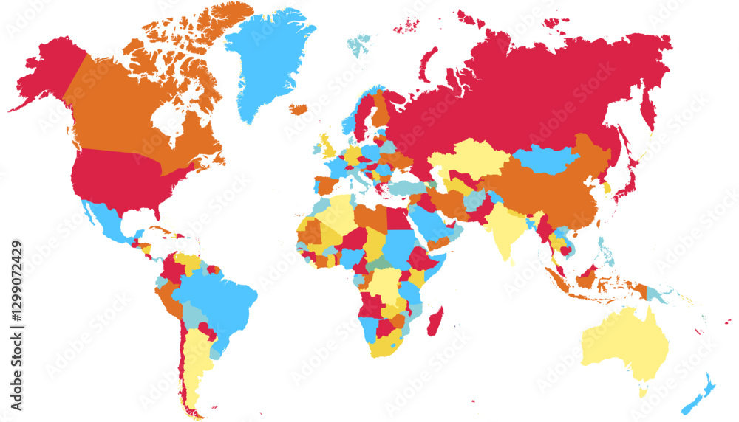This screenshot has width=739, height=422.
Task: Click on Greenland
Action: coord(266,59)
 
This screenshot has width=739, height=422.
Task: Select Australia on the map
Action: coord(624,343)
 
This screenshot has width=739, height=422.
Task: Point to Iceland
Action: coord(298,110)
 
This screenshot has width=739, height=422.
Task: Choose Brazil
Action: coord(218,295)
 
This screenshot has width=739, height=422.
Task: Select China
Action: coord(551,196)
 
